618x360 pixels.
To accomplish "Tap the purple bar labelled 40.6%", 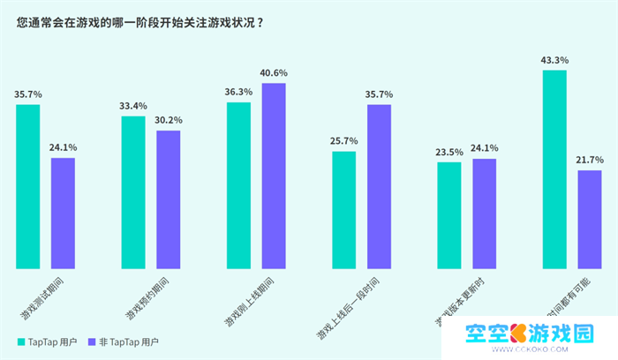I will pyautogui.click(x=274, y=176).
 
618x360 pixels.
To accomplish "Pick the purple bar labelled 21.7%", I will pyautogui.click(x=590, y=220).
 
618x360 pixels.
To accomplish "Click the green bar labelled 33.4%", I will pyautogui.click(x=132, y=191).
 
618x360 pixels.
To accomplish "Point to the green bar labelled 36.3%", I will pyautogui.click(x=238, y=185).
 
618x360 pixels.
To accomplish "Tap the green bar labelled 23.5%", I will pyautogui.click(x=449, y=215).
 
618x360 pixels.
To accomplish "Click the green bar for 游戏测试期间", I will pyautogui.click(x=27, y=186).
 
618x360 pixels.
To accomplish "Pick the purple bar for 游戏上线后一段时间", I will pyautogui.click(x=379, y=186).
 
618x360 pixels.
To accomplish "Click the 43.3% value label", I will pyautogui.click(x=554, y=60).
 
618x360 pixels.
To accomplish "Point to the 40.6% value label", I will pyautogui.click(x=274, y=73).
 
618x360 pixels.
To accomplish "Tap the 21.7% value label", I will pyautogui.click(x=590, y=160).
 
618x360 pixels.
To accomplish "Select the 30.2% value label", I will pyautogui.click(x=168, y=120).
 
